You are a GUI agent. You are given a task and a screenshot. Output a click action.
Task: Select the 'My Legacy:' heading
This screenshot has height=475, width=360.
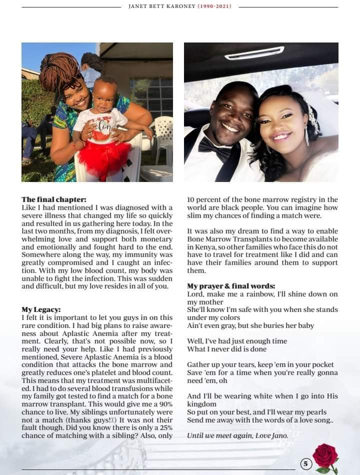click(41, 309)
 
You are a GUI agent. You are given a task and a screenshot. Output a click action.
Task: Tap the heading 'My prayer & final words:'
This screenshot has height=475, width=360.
click(231, 286)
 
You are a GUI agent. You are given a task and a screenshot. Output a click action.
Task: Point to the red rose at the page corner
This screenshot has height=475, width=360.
click(325, 456)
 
